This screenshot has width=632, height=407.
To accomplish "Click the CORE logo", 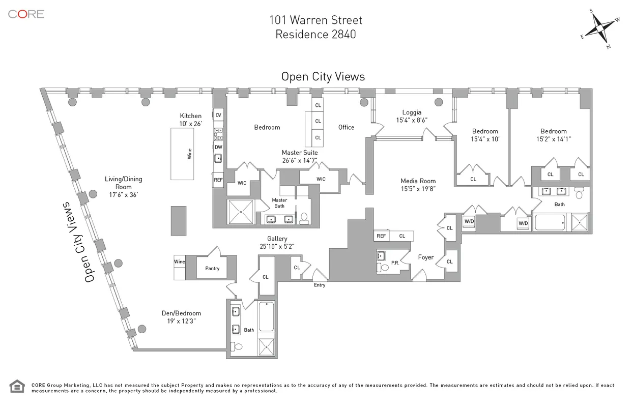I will click(26, 14).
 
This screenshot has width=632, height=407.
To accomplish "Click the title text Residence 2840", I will click(315, 35).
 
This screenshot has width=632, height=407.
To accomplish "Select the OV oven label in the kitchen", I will click(218, 115).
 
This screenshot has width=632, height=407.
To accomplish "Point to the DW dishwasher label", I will click(218, 147).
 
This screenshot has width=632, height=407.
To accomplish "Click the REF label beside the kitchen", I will click(218, 180).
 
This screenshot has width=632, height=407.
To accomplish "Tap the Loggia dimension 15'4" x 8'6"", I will click(412, 121).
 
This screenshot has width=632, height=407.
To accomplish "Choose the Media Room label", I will click(418, 181).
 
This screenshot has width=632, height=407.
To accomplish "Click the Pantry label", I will click(212, 268).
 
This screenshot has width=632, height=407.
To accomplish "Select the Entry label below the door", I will click(320, 285).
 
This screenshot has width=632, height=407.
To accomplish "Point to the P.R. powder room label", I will click(395, 263).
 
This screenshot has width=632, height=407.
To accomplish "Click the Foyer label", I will click(426, 257).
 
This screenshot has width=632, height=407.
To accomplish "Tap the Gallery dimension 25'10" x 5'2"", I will click(277, 246).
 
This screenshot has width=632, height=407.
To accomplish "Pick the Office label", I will click(346, 127).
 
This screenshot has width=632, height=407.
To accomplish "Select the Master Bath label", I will click(279, 203).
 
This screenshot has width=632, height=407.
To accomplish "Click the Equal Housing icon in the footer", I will click(17, 386).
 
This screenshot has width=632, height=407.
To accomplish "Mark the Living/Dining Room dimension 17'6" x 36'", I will click(123, 195).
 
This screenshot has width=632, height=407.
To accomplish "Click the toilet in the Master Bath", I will click(304, 218).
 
